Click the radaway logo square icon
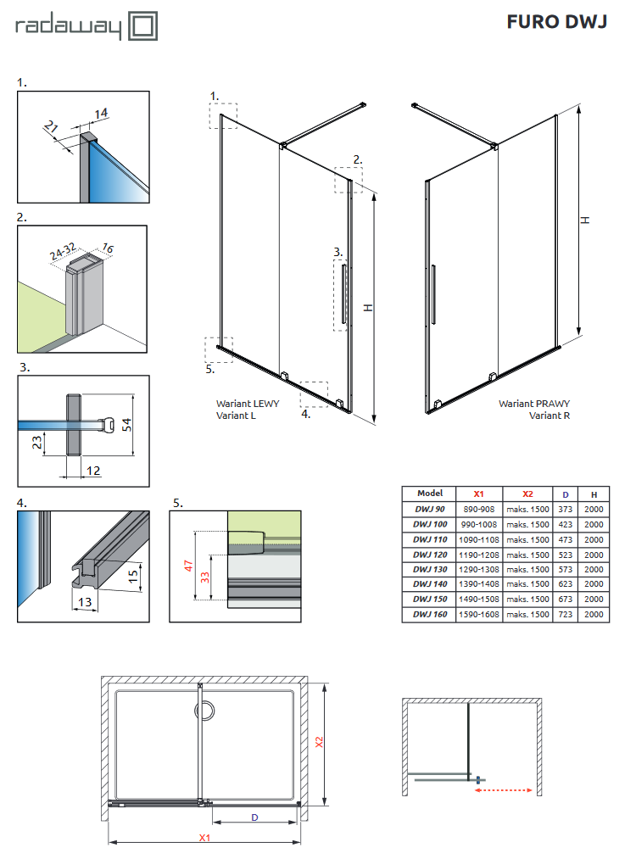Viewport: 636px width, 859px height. pyautogui.click(x=143, y=25)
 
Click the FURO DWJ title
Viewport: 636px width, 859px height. pyautogui.click(x=556, y=22)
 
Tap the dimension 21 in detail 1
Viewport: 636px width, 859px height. pyautogui.click(x=51, y=129)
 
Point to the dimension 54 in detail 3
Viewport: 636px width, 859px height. pyautogui.click(x=126, y=424)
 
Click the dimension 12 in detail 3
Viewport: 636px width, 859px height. pyautogui.click(x=92, y=471)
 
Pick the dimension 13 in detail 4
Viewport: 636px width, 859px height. pyautogui.click(x=83, y=601)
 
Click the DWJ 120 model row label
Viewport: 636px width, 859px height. pyautogui.click(x=429, y=553)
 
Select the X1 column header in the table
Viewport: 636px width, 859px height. pyautogui.click(x=479, y=494)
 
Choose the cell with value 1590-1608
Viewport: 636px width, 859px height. pyautogui.click(x=479, y=614)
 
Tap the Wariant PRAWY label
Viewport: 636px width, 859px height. pyautogui.click(x=533, y=404)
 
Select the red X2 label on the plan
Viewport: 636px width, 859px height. pyautogui.click(x=320, y=741)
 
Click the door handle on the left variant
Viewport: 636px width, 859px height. pyautogui.click(x=343, y=293)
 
